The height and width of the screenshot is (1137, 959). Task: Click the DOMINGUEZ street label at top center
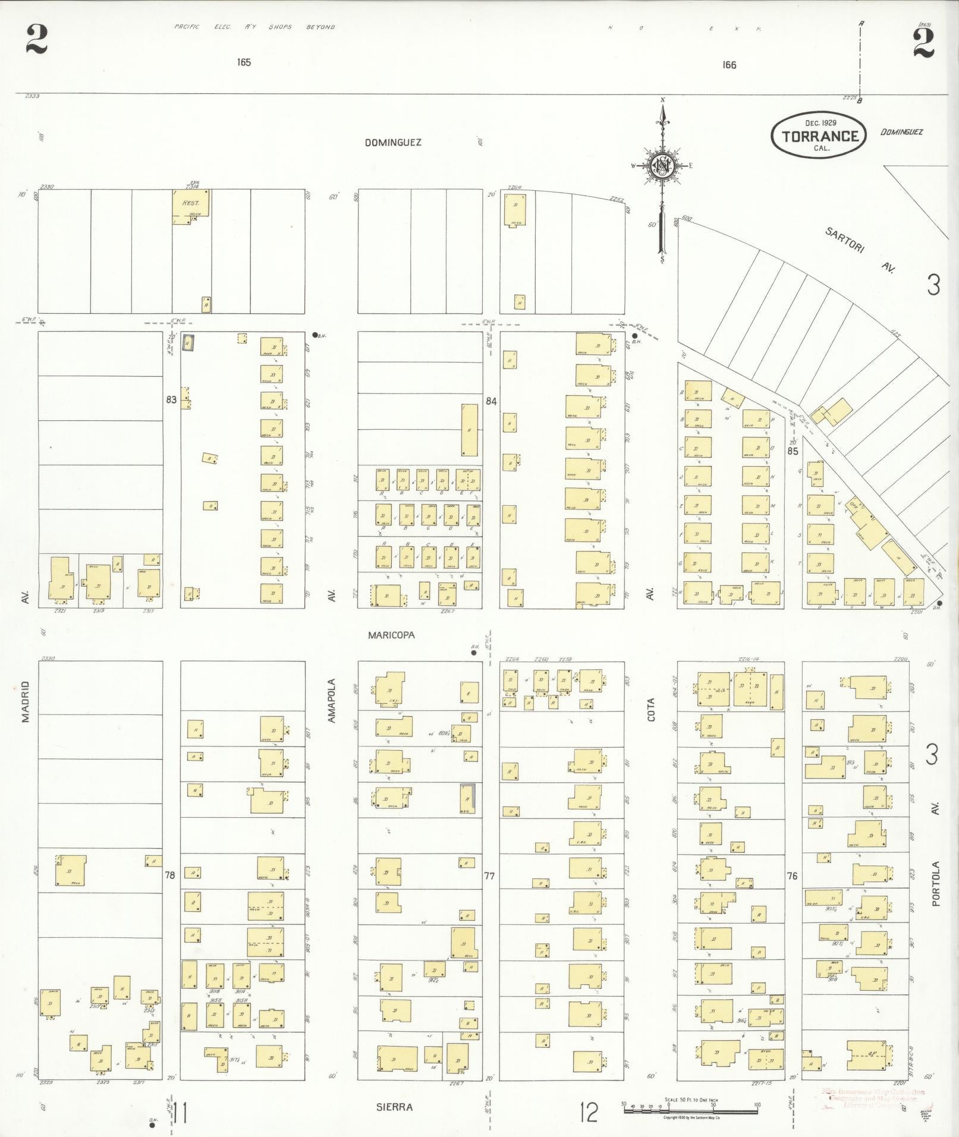pyautogui.click(x=393, y=143)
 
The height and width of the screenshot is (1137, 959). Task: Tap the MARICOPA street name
pyautogui.click(x=391, y=635)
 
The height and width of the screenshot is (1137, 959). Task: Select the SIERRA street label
pyautogui.click(x=394, y=1107)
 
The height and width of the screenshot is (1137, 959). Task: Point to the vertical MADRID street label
pyautogui.click(x=26, y=701)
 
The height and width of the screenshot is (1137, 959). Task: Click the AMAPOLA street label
pyautogui.click(x=332, y=701)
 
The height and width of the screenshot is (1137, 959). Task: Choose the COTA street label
pyautogui.click(x=650, y=709)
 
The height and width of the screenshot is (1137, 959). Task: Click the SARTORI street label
pyautogui.click(x=844, y=241)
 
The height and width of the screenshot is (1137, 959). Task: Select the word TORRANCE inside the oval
pyautogui.click(x=820, y=136)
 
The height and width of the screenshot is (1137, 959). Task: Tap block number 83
pyautogui.click(x=171, y=400)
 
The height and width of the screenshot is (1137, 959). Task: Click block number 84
pyautogui.click(x=490, y=401)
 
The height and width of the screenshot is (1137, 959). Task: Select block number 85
pyautogui.click(x=792, y=451)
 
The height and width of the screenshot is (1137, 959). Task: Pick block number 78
pyautogui.click(x=171, y=875)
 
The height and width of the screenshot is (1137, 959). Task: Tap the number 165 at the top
pyautogui.click(x=243, y=62)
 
